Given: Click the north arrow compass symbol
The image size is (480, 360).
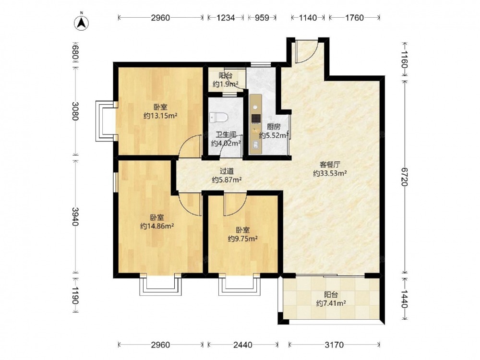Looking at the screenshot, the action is point(82,22).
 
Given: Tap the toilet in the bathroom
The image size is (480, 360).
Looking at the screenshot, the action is point(218,117).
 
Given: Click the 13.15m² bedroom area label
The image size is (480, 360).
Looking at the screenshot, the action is point(161,112).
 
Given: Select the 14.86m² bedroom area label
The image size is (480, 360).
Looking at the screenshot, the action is point(157,222).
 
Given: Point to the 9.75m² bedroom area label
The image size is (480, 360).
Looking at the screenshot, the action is point(243,235).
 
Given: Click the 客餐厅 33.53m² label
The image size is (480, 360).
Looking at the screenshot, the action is point(330,169).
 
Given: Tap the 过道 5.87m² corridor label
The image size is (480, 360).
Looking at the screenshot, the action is point(227,176).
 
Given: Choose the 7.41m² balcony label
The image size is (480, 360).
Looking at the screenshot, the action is point(331,299).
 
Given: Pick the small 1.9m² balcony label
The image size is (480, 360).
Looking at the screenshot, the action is point(225,80).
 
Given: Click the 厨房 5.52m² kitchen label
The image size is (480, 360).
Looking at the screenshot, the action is point(274,131).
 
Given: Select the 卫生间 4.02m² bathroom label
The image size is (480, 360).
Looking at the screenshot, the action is point(226,139).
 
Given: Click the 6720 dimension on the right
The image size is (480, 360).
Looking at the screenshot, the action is point(405,177).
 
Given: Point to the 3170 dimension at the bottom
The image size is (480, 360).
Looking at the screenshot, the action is point(334,345).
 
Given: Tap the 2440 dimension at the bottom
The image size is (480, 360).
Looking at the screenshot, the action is point(243,345).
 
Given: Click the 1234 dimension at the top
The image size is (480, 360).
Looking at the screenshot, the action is point(226,18).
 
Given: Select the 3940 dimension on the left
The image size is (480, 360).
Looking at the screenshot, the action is point(75,216).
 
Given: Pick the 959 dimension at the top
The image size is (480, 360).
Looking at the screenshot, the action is point(262,18).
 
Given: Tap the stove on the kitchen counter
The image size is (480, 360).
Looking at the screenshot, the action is point(256,118).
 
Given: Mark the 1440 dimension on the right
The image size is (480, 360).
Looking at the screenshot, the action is point(405,299).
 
